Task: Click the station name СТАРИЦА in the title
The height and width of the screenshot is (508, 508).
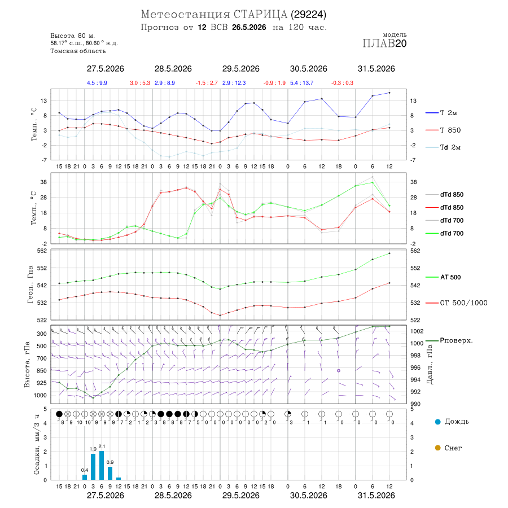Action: click(260, 15)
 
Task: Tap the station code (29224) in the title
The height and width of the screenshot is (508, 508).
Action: click(308, 15)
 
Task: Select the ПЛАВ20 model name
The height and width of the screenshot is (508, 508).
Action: click(384, 43)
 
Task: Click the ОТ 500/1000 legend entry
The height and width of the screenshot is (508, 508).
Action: click(456, 303)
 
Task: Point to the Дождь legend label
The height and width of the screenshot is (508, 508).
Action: click(457, 422)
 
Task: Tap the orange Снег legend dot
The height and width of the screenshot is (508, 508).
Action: click(437, 448)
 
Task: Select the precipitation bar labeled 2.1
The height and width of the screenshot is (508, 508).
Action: click(102, 465)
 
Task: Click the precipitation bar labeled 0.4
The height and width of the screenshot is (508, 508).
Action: click(85, 477)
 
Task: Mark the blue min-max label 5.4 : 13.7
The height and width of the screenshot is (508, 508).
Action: click(301, 83)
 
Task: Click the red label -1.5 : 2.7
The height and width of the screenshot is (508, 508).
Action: click(207, 83)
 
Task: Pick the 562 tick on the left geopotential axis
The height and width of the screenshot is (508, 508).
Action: click(42, 251)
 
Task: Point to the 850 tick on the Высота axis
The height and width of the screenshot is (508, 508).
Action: click(41, 371)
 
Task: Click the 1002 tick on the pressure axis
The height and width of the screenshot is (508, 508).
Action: click(417, 331)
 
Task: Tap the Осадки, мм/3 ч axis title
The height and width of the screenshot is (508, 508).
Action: click(37, 445)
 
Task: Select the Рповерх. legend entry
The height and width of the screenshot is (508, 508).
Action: click(449, 340)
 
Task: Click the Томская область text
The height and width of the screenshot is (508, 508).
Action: click(78, 51)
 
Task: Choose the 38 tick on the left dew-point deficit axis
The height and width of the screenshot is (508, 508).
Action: click(43, 182)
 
